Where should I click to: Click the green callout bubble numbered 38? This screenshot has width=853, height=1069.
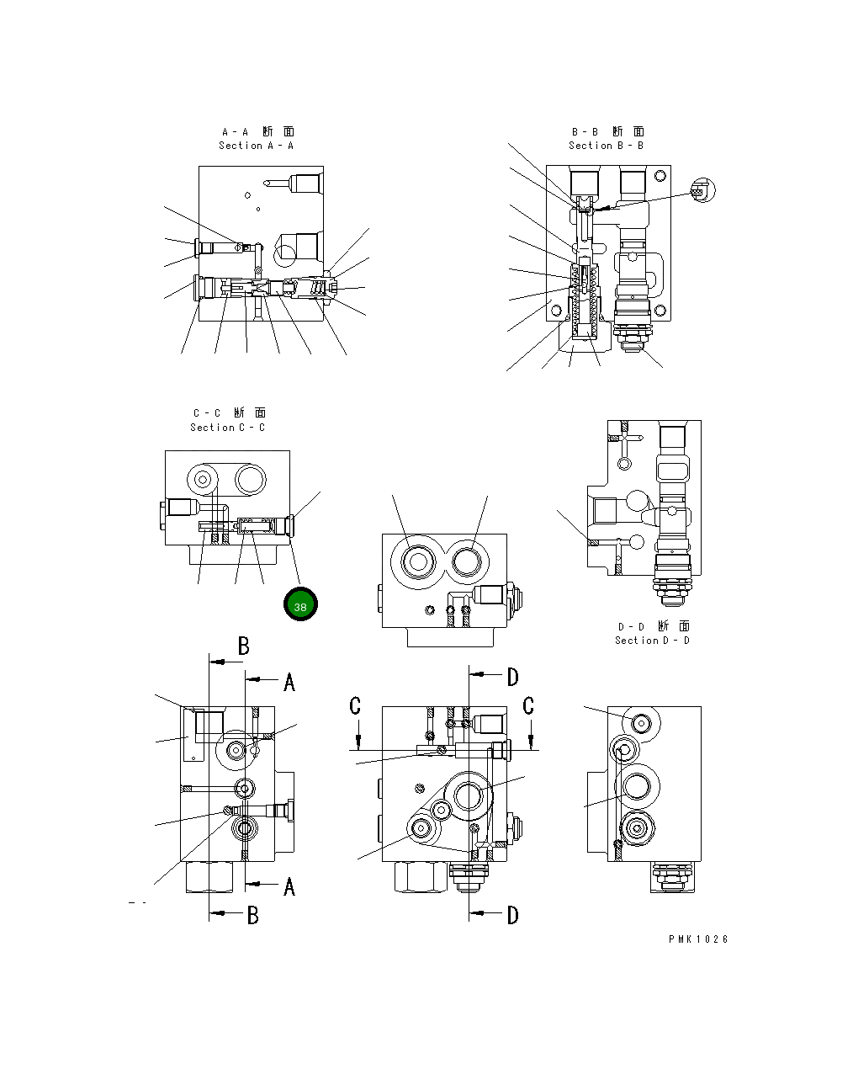pos(300,605)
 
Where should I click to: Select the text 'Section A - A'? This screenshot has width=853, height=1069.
pos(257,146)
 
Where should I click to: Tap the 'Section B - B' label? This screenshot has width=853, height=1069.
pos(606,146)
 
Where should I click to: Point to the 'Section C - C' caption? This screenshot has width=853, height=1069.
pos(227,428)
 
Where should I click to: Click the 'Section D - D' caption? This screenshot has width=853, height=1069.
pos(652,641)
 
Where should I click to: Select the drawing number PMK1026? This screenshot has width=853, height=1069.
pos(698,939)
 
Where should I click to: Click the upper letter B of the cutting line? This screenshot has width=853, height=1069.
pos(243,646)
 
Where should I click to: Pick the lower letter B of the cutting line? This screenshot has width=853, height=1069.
pos(252,916)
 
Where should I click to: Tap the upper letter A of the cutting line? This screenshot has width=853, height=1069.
pos(289,682)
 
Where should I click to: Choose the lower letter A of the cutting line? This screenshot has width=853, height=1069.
pos(289,886)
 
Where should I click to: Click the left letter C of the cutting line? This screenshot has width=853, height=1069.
pos(355,706)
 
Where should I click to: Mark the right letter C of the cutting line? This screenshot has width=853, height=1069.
pos(528,706)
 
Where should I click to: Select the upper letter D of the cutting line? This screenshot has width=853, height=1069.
pos(512,676)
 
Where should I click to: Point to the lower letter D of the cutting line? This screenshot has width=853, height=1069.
pos(512,915)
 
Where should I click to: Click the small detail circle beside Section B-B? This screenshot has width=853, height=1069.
pos(702,191)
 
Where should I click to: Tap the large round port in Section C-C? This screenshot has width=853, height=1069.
pos(251,479)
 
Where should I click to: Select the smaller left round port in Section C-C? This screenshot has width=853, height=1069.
pos(202,480)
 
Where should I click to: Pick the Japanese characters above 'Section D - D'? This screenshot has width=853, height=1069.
pos(654,626)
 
